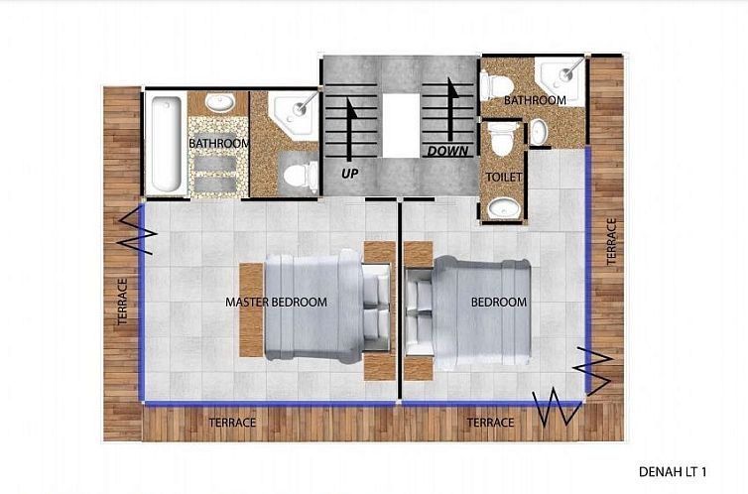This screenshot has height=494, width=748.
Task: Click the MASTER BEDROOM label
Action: pyautogui.click(x=276, y=302)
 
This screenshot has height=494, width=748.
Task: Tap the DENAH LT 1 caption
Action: pyautogui.click(x=673, y=472)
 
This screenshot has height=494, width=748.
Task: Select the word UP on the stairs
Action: pyautogui.click(x=349, y=174)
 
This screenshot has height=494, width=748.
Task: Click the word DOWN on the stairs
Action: pyautogui.click(x=447, y=151)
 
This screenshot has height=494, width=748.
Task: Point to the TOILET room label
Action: pyautogui.click(x=504, y=178)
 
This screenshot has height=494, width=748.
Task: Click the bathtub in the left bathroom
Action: pyautogui.click(x=166, y=144)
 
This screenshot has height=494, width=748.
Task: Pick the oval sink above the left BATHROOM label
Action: pyautogui.click(x=219, y=101)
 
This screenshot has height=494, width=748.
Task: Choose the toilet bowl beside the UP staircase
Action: pyautogui.click(x=301, y=177)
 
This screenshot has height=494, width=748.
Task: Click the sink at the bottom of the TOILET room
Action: pyautogui.click(x=504, y=209)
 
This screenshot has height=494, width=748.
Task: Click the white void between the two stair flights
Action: pyautogui.click(x=401, y=125)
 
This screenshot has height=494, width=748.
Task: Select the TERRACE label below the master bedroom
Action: pyautogui.click(x=232, y=423)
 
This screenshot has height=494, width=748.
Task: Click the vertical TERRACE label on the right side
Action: pyautogui.click(x=611, y=241)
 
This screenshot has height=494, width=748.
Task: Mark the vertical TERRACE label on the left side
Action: pyautogui.click(x=123, y=302)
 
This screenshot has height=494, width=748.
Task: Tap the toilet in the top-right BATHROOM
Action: pyautogui.click(x=497, y=86)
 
